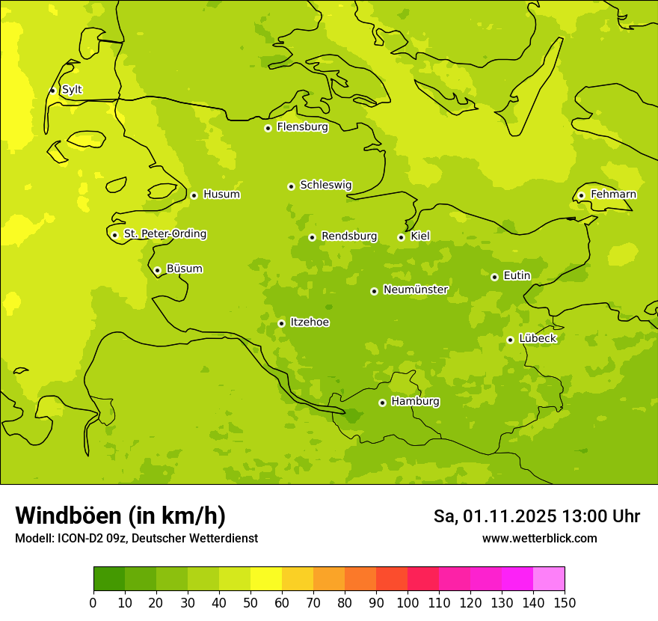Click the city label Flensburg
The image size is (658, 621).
302,127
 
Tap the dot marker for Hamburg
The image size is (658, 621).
382,403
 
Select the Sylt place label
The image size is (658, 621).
72,90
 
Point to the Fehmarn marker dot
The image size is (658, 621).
581,195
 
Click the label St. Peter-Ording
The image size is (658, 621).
165,234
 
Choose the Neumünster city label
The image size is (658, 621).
416,290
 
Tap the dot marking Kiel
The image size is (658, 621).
401,237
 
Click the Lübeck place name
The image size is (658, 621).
538,339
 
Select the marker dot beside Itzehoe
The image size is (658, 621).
281,323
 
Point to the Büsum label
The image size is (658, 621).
184,269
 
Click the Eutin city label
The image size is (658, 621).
517,276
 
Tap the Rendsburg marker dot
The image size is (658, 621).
312,237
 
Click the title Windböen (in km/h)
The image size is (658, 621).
120,516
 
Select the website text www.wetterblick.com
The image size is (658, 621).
539,538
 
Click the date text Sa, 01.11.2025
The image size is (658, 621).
495,516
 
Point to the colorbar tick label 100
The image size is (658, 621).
407,603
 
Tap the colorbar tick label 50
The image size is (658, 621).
250,603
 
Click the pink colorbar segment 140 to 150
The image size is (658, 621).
549,579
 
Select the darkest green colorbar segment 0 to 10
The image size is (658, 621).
109,579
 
